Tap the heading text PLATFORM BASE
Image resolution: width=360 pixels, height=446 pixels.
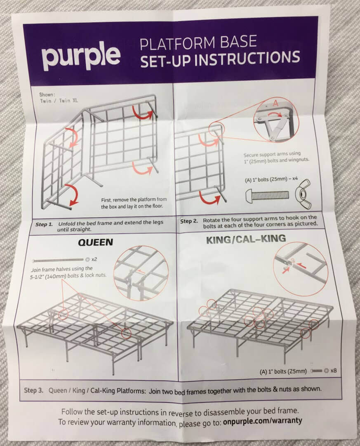pyautogui.click(x=198, y=42)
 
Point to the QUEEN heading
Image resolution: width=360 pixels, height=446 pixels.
pyautogui.click(x=95, y=242)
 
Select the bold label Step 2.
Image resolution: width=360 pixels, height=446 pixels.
pyautogui.click(x=190, y=221)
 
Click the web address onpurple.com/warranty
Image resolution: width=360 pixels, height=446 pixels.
pyautogui.click(x=263, y=421)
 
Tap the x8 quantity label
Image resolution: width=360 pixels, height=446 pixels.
pyautogui.click(x=333, y=371)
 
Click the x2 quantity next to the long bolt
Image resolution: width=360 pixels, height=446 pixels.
pyautogui.click(x=94, y=260)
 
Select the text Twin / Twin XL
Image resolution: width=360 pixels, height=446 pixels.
pyautogui.click(x=57, y=100)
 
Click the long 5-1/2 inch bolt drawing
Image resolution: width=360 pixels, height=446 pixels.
pyautogui.click(x=58, y=261)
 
